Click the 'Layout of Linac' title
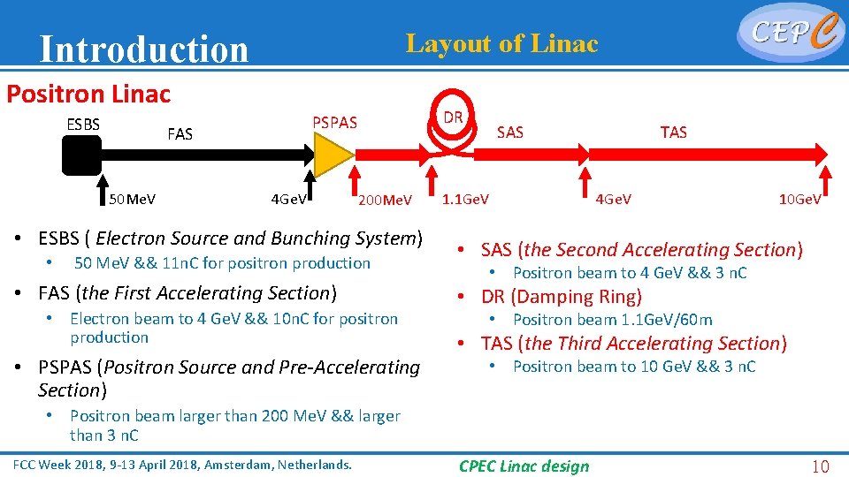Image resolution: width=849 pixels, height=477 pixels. pos(501,43)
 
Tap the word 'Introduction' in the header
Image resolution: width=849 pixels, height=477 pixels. pos(144,49)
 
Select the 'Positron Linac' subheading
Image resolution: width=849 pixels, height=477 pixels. pos(88,93)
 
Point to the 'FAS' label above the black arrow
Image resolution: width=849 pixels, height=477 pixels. pos(180,134)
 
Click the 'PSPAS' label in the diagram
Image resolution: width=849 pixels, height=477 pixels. pos(334,123)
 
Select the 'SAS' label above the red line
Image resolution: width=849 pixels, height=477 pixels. pos(510,132)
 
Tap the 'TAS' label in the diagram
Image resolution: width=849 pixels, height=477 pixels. pos(673,132)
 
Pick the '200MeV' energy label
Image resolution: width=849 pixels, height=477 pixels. pos(385,201)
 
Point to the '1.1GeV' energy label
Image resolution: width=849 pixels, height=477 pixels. pos(466,199)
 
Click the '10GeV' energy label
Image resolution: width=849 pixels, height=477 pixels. pos(799,200)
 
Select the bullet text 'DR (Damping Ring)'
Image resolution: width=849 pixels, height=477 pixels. pos(562,297)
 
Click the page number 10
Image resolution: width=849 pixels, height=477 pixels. pos(821,466)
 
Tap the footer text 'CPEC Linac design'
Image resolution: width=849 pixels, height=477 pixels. pos(524,466)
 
